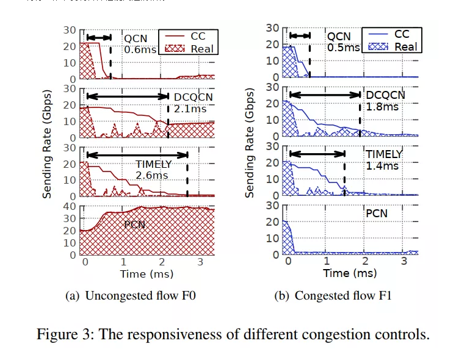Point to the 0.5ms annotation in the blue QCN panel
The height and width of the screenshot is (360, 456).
pyautogui.click(x=343, y=48)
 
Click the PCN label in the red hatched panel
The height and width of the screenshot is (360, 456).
pyautogui.click(x=134, y=225)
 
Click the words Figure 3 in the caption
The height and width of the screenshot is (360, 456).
pyautogui.click(x=62, y=334)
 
